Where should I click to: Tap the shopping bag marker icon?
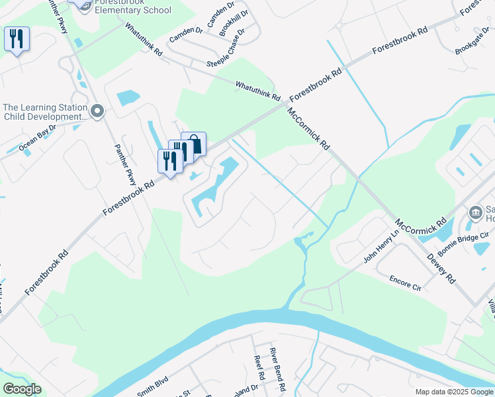(x=194, y=144)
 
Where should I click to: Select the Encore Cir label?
(x=406, y=283)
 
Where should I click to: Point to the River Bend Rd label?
(x=277, y=368)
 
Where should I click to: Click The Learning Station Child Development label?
(x=45, y=112)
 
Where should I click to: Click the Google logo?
(x=22, y=389)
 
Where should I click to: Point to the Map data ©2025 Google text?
(x=453, y=392)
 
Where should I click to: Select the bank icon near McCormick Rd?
(x=474, y=212)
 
